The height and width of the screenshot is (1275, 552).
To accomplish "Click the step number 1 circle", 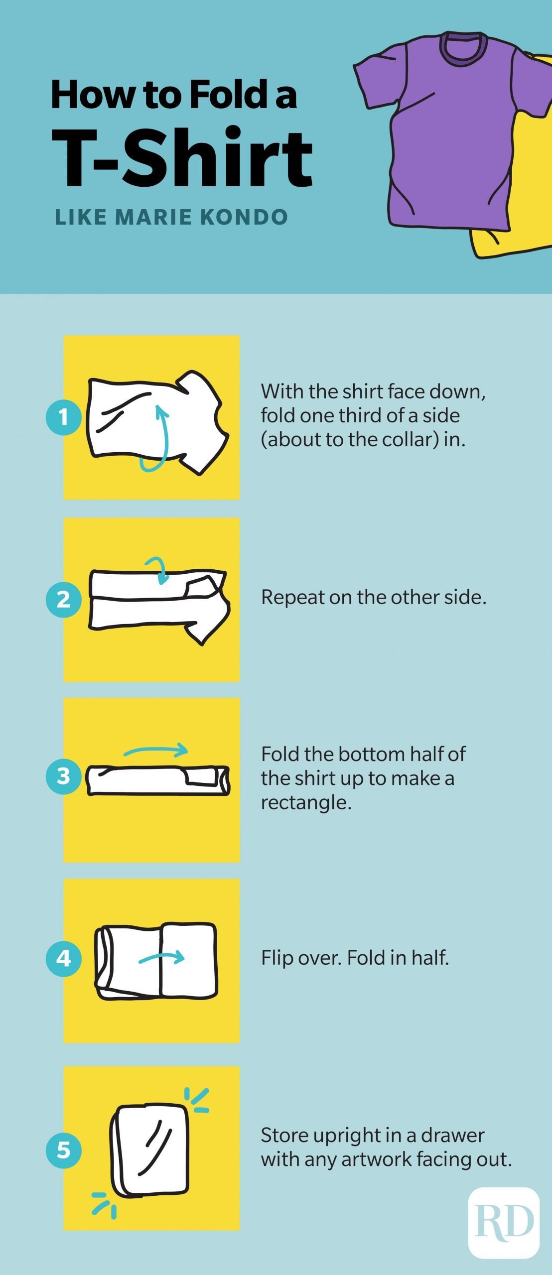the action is click(64, 417).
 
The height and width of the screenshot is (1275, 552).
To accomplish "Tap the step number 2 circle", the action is click(64, 599).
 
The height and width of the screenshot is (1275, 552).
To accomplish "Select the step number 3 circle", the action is click(64, 776).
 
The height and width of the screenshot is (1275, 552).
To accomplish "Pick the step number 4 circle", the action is click(64, 958).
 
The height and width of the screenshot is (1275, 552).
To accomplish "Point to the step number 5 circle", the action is click(64, 1150).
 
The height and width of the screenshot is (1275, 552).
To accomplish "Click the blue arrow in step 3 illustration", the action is click(155, 750).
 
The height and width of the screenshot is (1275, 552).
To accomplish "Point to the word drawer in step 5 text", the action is click(452, 1135).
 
